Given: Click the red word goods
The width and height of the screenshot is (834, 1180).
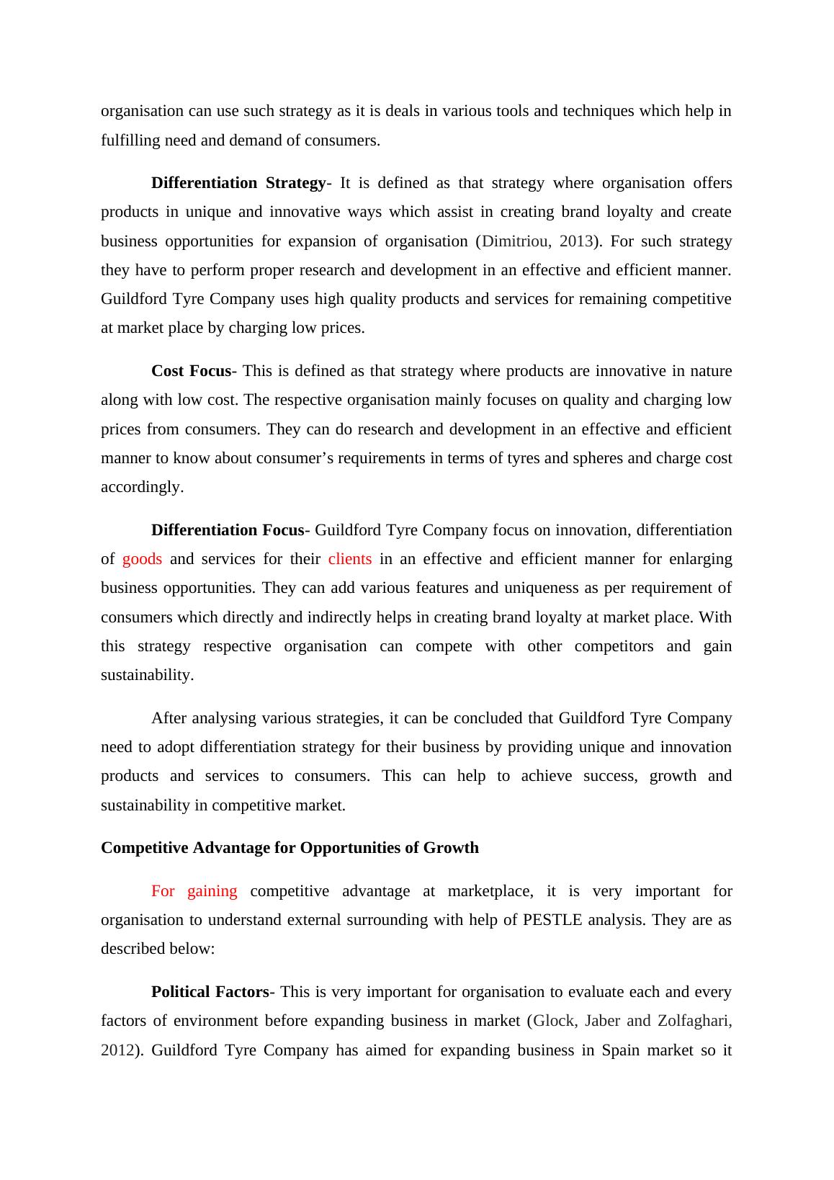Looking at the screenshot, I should click(142, 559).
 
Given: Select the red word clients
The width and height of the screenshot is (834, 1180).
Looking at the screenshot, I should click(349, 559).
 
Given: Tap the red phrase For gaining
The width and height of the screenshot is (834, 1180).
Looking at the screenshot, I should click(194, 891).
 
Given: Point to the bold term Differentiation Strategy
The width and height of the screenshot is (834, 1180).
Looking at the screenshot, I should click(238, 183).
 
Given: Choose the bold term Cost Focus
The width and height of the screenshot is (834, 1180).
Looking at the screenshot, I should click(191, 371).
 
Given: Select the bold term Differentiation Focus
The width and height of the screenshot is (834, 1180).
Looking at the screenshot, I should click(228, 530).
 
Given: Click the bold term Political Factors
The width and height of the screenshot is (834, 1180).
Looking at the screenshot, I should click(210, 992).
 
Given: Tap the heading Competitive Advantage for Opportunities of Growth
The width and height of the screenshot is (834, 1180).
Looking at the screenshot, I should click(290, 848).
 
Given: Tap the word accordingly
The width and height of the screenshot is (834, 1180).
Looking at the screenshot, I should click(142, 487).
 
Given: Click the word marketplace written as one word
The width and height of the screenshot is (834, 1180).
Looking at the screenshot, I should click(490, 891).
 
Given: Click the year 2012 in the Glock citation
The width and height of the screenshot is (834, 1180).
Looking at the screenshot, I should click(117, 1050).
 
